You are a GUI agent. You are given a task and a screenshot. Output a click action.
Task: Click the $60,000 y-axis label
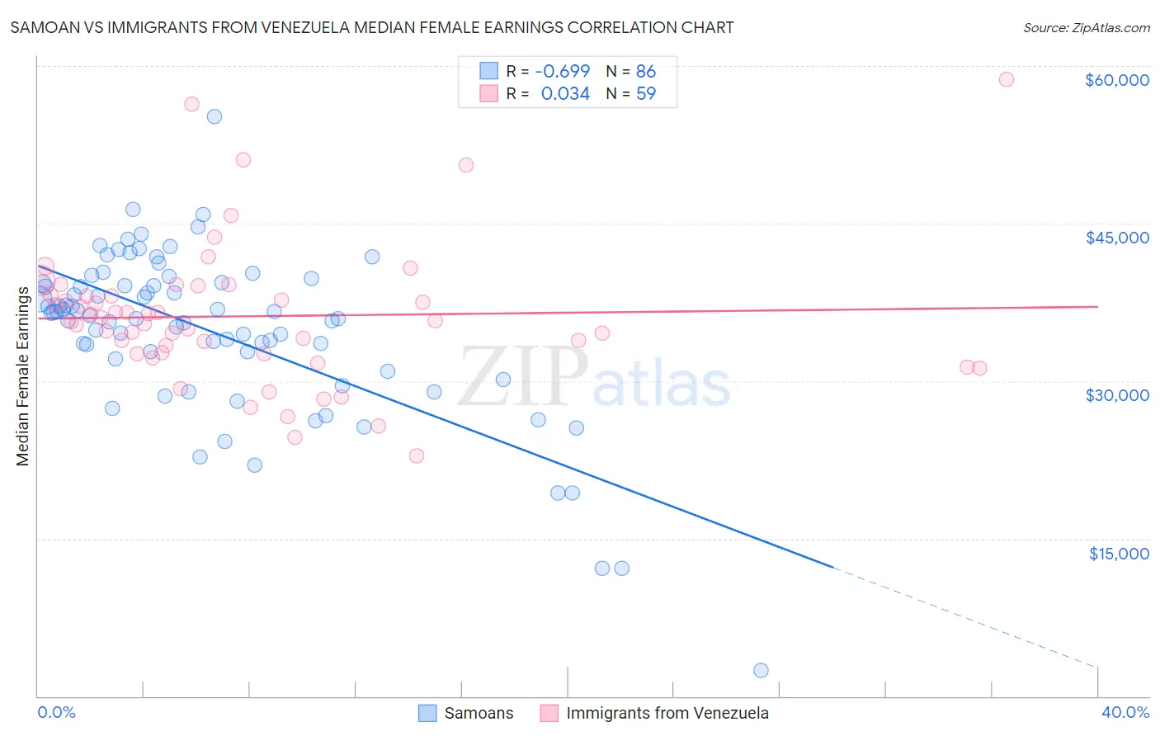pos(1116,80)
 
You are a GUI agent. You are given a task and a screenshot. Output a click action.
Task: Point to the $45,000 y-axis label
pos(1116,238)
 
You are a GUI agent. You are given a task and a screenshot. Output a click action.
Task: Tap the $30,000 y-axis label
pos(1116,395)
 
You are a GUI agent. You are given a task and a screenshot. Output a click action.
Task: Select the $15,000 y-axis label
pos(1118,553)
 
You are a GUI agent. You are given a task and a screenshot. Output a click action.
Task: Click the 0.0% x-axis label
pos(56,712)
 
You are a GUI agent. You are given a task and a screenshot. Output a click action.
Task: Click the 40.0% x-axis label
pos(1125,712)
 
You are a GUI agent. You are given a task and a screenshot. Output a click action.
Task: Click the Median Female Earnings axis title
pos(23,376)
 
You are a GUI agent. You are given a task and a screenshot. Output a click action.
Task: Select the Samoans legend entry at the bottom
pos(466,713)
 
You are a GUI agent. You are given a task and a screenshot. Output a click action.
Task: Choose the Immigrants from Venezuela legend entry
pos(654,713)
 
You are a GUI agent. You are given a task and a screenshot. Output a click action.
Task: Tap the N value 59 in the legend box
pos(646,93)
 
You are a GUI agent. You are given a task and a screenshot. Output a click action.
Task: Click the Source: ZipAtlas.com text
pos(1086,27)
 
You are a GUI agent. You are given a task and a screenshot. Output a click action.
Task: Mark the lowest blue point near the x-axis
pos(761,670)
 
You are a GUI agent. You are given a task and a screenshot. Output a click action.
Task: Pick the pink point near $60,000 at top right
pos(1006,79)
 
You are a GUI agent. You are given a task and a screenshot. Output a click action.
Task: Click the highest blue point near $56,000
pos(214,116)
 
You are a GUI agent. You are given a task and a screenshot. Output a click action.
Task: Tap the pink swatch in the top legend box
pos(489,93)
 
